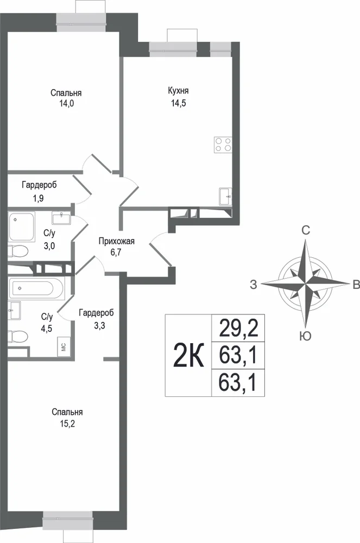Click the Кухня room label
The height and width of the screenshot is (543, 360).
(178, 91)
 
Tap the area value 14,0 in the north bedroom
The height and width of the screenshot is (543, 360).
(66, 103)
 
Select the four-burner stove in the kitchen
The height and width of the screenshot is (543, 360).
(223, 144)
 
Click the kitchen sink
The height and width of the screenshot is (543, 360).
(225, 197)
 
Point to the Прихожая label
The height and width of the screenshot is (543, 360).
(116, 242)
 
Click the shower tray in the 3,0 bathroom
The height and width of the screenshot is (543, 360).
(22, 227)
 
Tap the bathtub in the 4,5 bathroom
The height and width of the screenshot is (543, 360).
(36, 288)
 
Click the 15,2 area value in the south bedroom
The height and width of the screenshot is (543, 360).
(67, 424)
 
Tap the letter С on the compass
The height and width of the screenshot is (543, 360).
(305, 230)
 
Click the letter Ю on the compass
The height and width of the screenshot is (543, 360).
(305, 336)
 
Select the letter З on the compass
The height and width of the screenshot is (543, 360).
(254, 285)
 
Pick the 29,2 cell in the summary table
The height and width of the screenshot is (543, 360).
(238, 329)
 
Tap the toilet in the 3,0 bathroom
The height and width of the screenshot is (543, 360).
(17, 251)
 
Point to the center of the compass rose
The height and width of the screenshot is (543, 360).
(305, 283)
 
